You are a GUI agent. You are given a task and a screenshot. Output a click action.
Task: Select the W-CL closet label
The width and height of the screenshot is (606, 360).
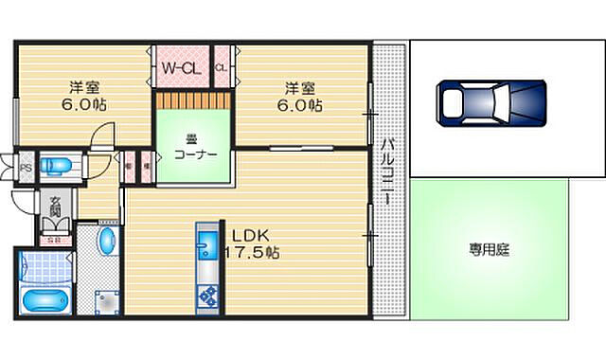[180, 67]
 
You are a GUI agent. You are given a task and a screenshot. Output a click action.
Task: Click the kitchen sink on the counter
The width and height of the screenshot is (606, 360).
[206, 251]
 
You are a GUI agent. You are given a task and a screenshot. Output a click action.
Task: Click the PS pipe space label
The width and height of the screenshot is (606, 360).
[27, 165]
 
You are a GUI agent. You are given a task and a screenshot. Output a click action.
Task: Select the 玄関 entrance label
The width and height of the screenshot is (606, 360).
[55, 206]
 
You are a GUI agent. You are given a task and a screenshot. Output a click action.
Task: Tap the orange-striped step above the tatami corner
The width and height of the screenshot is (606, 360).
[194, 98]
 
